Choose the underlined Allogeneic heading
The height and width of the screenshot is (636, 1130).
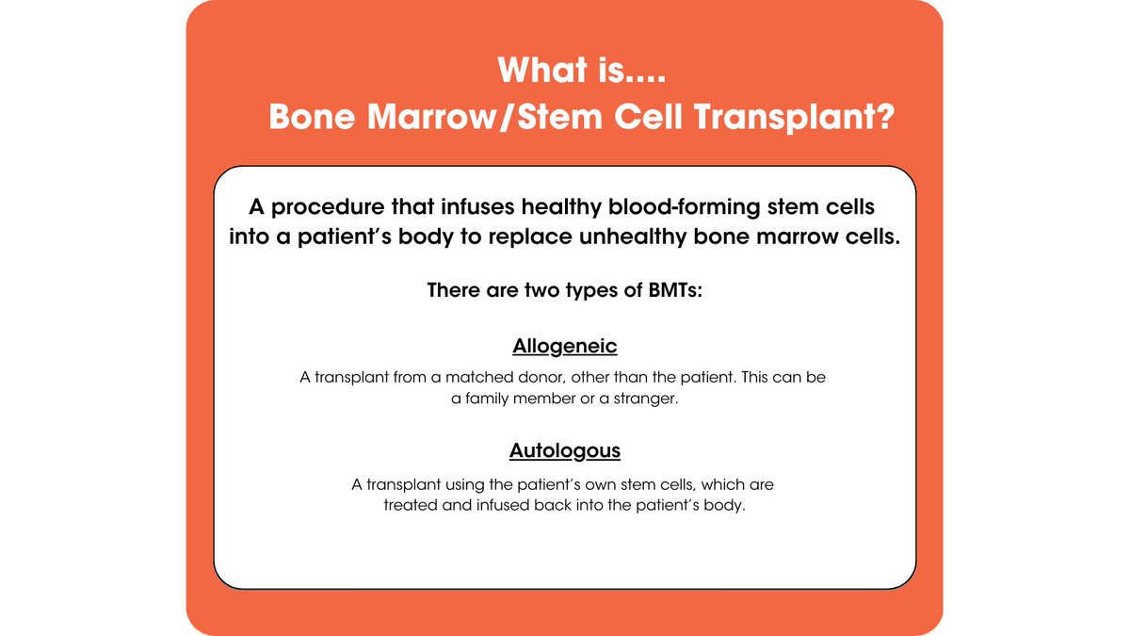(x=565, y=346)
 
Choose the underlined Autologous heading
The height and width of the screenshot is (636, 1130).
(x=565, y=450)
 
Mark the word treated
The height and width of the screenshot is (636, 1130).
(x=411, y=504)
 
